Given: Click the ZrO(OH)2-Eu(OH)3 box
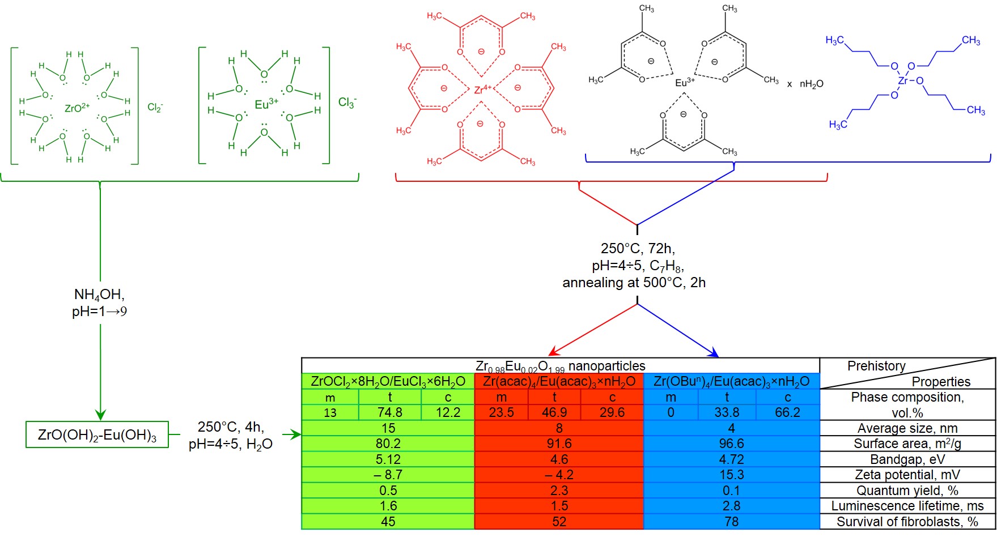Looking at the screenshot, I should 97,434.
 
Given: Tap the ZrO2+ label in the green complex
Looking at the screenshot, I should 77,108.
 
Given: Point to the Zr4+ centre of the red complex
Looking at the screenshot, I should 482,89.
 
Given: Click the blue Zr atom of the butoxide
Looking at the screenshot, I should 903,81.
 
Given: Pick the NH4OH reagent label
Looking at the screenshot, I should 99,295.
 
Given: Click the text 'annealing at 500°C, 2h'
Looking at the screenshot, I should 634,282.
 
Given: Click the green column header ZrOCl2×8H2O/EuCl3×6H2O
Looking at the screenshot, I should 388,381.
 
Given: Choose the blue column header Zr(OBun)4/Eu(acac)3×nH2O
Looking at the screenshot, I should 731,381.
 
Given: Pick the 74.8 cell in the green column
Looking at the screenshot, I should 389,412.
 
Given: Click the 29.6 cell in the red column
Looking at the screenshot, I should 612,412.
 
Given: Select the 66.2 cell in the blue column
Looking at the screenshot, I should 787,412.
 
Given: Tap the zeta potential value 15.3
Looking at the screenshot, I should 731,475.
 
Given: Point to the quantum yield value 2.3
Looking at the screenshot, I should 559,491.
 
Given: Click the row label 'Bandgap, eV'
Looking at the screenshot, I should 907,459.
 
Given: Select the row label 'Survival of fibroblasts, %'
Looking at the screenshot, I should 907,522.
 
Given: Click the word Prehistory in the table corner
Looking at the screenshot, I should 876,366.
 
